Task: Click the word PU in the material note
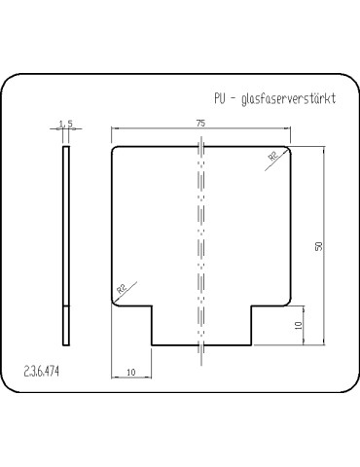220,98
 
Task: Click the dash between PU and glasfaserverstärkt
236,99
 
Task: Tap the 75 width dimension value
199,124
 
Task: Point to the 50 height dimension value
317,246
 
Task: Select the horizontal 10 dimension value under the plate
131,372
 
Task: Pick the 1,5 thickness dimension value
66,124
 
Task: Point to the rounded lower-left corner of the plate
116,303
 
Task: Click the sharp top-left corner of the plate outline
113,147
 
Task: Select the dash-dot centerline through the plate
200,243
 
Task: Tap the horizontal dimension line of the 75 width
156,129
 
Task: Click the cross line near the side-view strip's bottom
66,306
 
